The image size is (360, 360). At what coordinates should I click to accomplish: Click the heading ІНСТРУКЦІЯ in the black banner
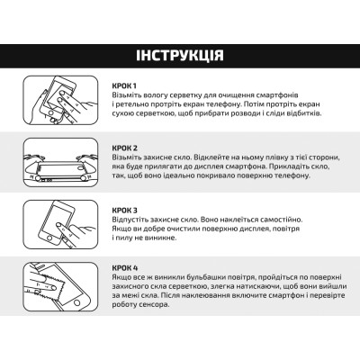180,56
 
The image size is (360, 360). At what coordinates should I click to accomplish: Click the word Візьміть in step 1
132,94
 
